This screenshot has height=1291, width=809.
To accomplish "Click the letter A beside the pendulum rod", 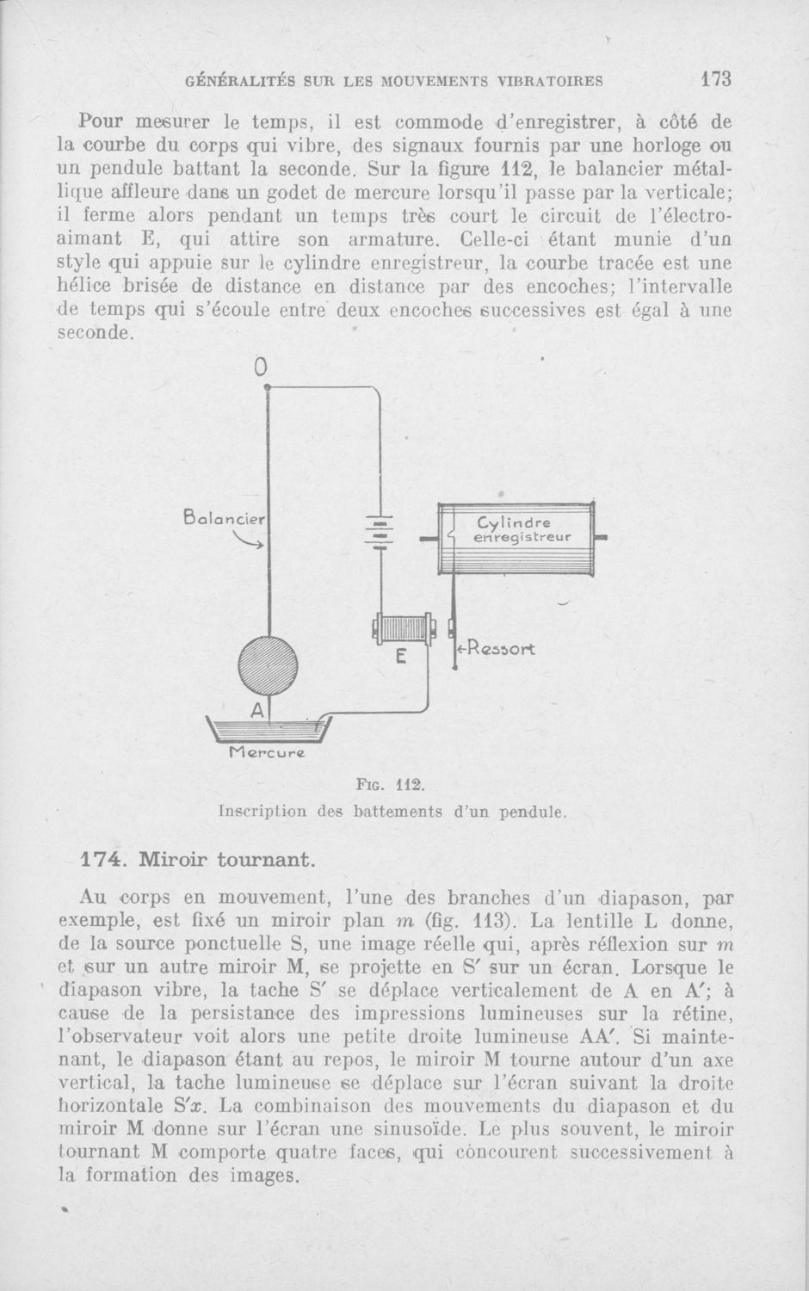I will click(256, 711).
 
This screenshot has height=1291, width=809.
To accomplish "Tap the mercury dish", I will click(269, 730).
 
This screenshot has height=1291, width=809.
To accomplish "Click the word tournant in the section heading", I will click(268, 859).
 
